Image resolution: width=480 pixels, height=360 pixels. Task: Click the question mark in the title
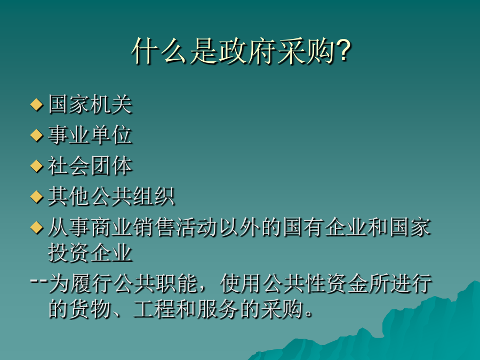pyautogui.click(x=343, y=51)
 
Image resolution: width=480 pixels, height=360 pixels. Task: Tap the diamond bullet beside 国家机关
pyautogui.click(x=36, y=105)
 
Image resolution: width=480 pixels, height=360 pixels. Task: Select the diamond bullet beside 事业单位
pyautogui.click(x=36, y=135)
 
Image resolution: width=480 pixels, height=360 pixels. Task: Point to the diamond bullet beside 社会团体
pyautogui.click(x=36, y=166)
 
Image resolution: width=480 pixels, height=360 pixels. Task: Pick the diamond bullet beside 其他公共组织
pyautogui.click(x=36, y=197)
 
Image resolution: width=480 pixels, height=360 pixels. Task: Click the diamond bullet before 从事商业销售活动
pyautogui.click(x=36, y=227)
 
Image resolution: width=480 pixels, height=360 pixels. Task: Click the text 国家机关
pyautogui.click(x=90, y=105)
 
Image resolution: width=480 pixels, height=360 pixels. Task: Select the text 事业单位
pyautogui.click(x=90, y=135)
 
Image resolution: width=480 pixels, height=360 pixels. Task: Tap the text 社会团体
pyautogui.click(x=90, y=166)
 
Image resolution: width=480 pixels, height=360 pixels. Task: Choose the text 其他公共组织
pyautogui.click(x=111, y=197)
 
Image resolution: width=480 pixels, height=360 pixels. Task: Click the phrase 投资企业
pyautogui.click(x=90, y=253)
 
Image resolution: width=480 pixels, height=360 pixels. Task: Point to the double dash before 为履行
pyautogui.click(x=39, y=281)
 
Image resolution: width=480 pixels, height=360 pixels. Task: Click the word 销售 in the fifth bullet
pyautogui.click(x=154, y=227)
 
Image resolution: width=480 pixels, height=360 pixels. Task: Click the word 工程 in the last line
pyautogui.click(x=154, y=309)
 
